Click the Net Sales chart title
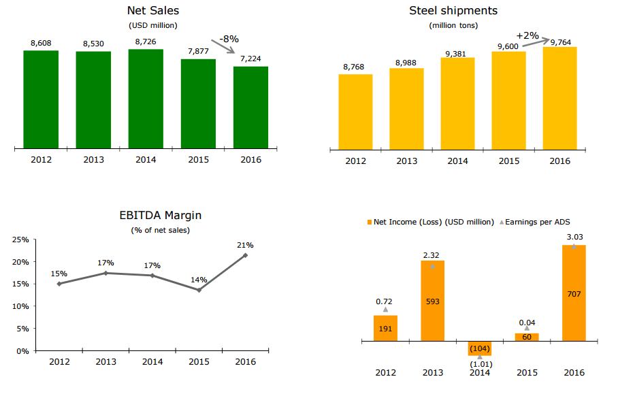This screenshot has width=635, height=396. click(153, 11)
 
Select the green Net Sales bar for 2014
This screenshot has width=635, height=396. click(146, 99)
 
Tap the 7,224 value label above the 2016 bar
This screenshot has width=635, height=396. click(250, 59)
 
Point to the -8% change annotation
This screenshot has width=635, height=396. click(229, 39)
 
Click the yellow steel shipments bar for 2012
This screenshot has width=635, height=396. click(355, 111)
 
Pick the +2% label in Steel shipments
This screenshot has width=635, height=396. click(527, 35)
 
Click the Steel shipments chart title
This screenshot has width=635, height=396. click(453, 11)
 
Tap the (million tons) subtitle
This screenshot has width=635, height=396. click(453, 25)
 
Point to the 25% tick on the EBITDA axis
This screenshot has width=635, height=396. click(20, 240)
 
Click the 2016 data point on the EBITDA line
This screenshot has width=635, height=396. click(245, 255)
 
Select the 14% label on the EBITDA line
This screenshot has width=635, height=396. click(199, 279)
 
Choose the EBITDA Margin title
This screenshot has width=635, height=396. click(161, 216)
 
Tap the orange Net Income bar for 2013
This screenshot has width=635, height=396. click(432, 301)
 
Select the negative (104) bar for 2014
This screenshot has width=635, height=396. click(479, 348)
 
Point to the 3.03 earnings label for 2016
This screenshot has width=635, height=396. click(574, 237)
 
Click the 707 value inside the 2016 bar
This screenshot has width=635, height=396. click(574, 293)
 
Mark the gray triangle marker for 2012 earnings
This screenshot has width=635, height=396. click(385, 310)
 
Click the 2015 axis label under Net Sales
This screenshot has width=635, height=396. click(198, 160)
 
